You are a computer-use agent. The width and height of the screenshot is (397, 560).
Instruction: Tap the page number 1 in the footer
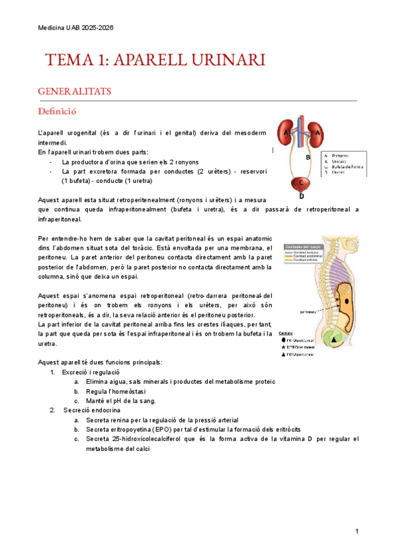(x=357, y=532)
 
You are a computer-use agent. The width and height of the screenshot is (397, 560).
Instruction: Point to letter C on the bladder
(x=301, y=182)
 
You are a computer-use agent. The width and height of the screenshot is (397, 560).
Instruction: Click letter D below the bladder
(x=301, y=196)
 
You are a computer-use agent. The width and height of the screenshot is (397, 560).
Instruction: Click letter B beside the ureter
(x=308, y=158)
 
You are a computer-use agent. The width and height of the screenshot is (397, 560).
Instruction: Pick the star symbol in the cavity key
(x=283, y=346)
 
